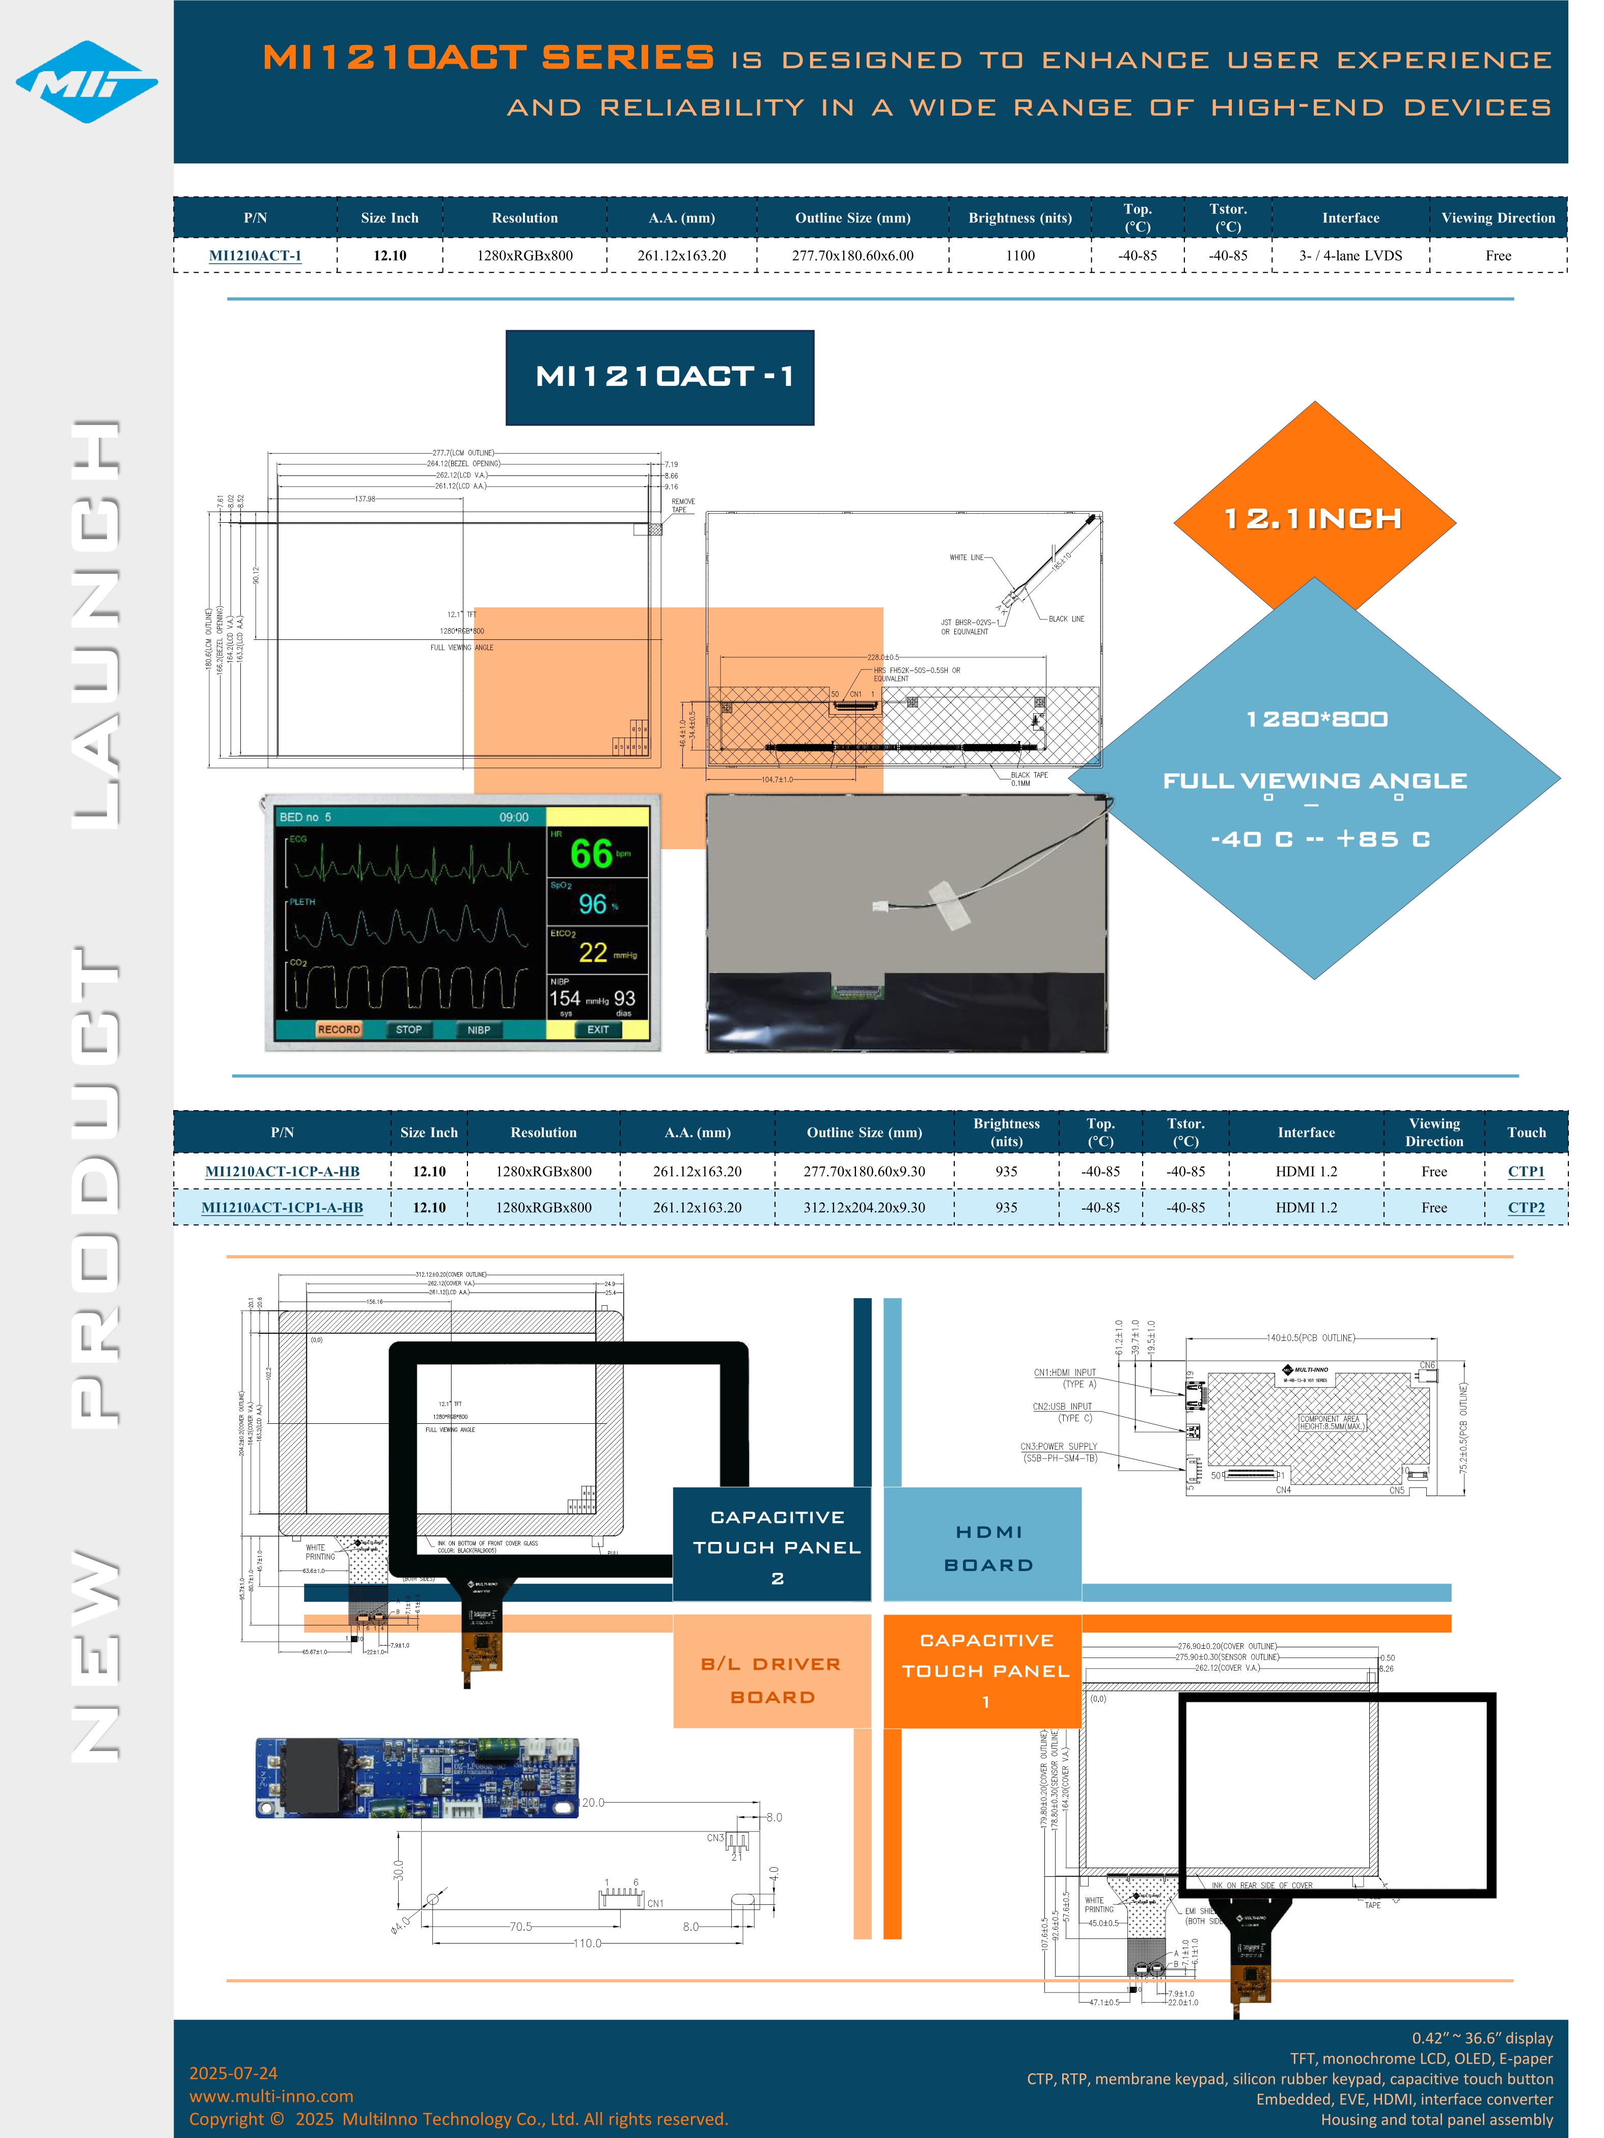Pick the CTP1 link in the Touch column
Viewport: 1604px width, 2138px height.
coord(1526,1171)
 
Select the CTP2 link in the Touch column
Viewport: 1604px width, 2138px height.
coord(1526,1207)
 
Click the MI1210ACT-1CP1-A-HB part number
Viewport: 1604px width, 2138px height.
coord(282,1207)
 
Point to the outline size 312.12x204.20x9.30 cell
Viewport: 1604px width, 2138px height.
coord(864,1207)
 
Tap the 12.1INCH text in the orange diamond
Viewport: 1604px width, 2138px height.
coord(1313,519)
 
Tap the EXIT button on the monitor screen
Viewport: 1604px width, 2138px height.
coord(597,1029)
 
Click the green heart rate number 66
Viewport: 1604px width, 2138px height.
coord(591,854)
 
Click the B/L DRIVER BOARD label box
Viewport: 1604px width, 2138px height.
coord(771,1680)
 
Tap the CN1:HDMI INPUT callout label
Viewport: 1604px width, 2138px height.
coord(1065,1372)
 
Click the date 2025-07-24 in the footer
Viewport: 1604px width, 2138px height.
coord(233,2072)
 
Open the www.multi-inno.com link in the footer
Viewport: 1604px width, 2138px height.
coord(271,2095)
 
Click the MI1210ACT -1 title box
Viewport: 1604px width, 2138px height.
coord(659,377)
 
